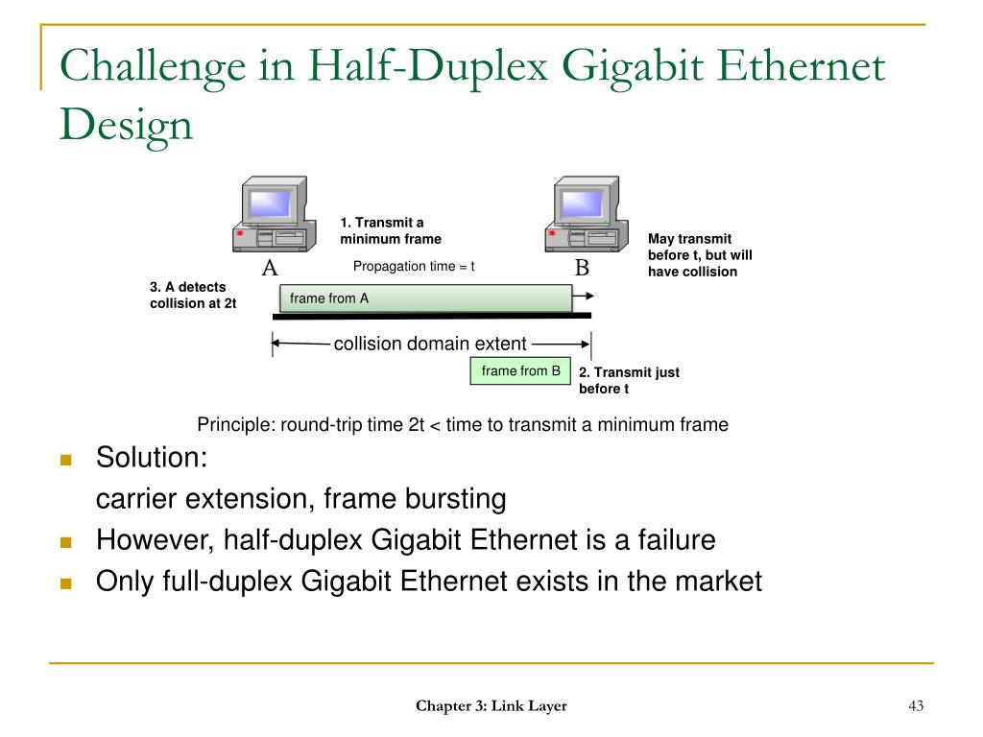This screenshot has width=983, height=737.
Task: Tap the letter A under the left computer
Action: pos(270,268)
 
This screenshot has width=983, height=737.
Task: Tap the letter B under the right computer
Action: pos(582,268)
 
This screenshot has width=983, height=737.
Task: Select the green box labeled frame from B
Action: pos(520,371)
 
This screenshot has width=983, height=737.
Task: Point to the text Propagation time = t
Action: pos(414,266)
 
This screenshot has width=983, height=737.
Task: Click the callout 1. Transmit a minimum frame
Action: pos(390,230)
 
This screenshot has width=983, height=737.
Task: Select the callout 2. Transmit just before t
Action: pos(629,380)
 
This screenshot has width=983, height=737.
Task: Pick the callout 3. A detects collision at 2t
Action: pos(193,295)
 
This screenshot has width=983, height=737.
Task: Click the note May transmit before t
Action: pos(700,254)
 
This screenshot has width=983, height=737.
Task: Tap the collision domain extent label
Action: pos(430,344)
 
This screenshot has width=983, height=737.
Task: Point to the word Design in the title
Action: pos(126,124)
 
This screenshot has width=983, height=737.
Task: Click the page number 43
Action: pos(915,706)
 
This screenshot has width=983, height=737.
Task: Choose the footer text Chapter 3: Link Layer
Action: pos(491,706)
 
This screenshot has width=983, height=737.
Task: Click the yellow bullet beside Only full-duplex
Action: pos(66,582)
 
